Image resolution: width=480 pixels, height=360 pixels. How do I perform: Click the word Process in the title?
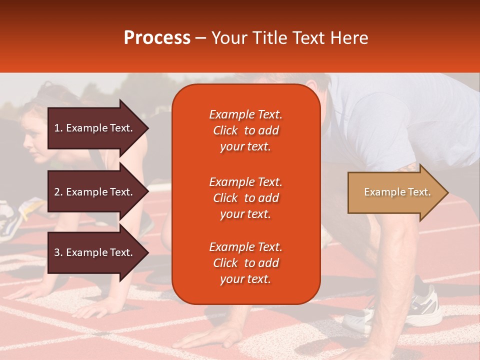[x=157, y=38]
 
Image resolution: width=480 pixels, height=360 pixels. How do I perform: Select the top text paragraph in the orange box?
[x=245, y=130]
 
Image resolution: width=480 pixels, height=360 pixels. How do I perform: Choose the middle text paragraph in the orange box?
[x=245, y=198]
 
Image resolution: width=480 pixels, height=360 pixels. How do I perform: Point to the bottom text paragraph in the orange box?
[x=245, y=263]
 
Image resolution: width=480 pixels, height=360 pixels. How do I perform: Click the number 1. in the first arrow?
[x=58, y=128]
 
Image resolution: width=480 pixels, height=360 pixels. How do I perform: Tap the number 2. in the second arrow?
[x=58, y=192]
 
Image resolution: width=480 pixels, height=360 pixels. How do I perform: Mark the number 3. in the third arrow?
[x=58, y=252]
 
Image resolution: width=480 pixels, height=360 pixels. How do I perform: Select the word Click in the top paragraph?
[x=225, y=130]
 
